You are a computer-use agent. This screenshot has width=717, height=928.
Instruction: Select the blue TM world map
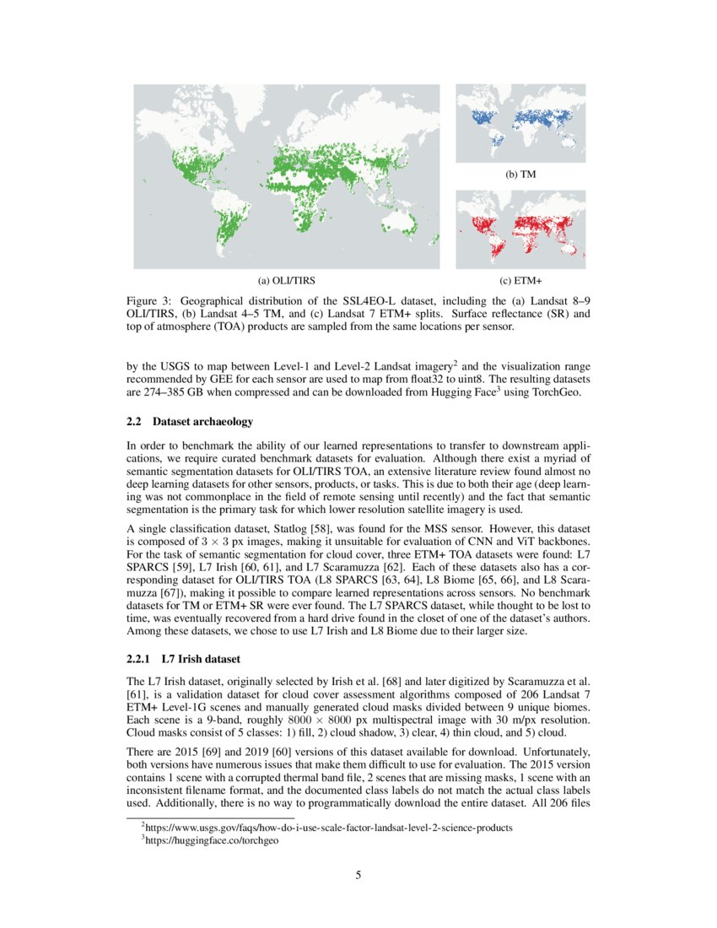[520, 123]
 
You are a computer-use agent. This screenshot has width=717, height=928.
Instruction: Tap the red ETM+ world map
[520, 229]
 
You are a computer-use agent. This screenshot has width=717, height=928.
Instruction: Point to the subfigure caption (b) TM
[520, 174]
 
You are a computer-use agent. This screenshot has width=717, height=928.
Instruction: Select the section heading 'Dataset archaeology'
[202, 421]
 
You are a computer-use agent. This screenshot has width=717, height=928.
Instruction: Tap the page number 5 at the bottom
[358, 875]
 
